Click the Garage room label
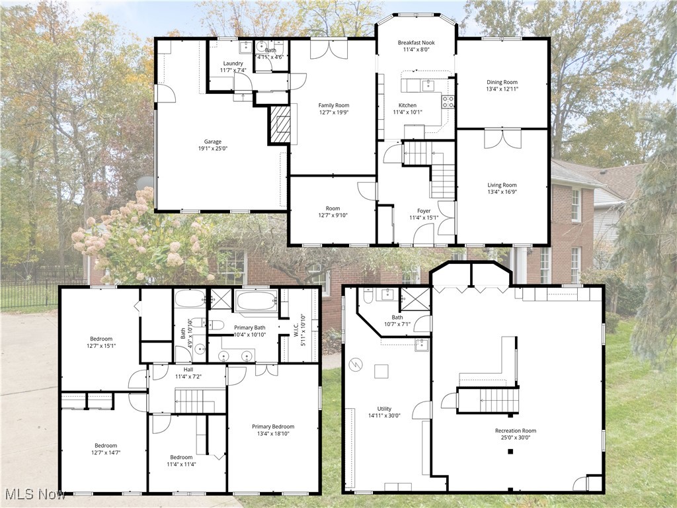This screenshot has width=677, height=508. point(212,142)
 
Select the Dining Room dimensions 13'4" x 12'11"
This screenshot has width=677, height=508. point(502,89)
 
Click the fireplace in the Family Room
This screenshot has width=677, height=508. point(281,124)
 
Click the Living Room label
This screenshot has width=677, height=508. point(502,185)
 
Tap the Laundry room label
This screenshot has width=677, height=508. point(233,63)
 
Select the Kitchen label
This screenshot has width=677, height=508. point(407,105)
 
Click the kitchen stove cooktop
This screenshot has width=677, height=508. point(448,101)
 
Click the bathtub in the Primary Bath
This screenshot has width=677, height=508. point(257,302)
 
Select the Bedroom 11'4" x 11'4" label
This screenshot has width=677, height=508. point(181,457)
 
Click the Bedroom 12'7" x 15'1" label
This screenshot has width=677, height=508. point(101,339)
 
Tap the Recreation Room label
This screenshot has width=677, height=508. point(516,431)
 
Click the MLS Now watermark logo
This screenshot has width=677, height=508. point(32,494)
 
